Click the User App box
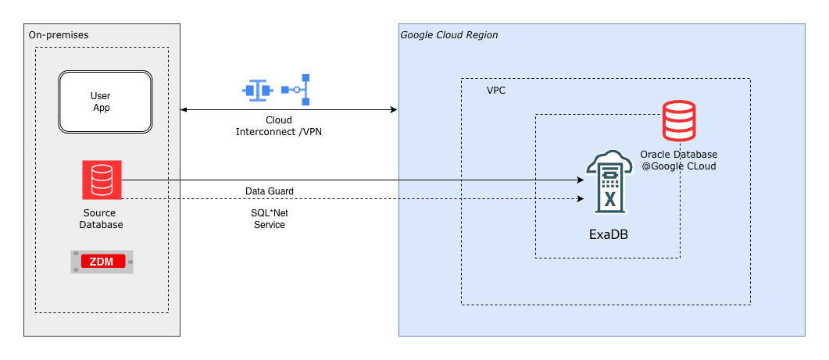[105, 102]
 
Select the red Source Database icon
[102, 180]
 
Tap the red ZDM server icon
[102, 262]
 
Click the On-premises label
[58, 35]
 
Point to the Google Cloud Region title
[448, 35]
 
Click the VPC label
[496, 91]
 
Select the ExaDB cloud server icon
[608, 183]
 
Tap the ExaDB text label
[608, 233]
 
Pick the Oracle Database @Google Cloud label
[678, 160]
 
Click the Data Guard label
[270, 191]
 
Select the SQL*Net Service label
[270, 219]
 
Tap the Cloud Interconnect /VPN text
[279, 126]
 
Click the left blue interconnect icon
[256, 90]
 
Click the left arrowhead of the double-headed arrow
[184, 110]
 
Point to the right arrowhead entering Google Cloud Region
[395, 110]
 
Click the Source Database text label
[102, 219]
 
